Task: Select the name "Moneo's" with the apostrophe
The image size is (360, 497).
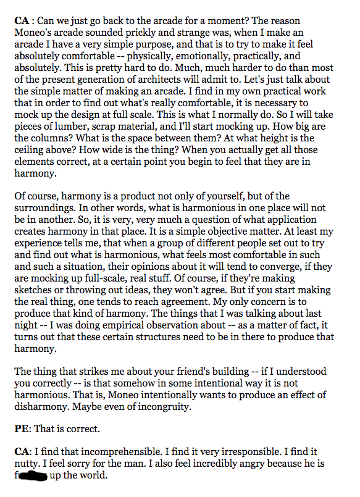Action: pyautogui.click(x=32, y=31)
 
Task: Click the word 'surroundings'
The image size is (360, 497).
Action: pyautogui.click(x=44, y=209)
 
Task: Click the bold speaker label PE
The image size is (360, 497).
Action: pyautogui.click(x=20, y=428)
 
